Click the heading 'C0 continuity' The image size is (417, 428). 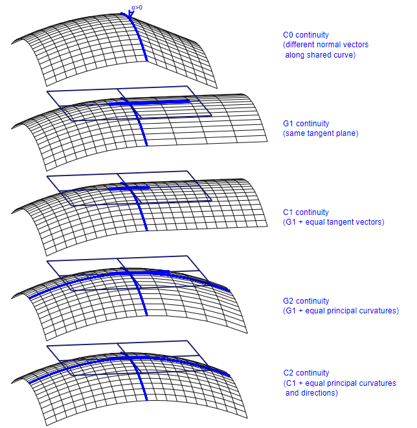(x=306, y=35)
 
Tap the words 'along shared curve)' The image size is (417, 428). (x=321, y=55)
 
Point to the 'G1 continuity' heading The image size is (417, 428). (x=306, y=124)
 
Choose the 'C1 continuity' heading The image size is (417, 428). (x=306, y=212)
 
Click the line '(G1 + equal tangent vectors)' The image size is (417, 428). (x=333, y=222)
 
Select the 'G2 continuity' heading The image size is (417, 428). (x=306, y=301)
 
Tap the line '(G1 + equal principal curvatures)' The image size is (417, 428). (x=341, y=311)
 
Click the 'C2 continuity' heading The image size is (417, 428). (x=306, y=373)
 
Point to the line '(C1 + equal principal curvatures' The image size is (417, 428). (x=339, y=383)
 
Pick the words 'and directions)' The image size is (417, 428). (x=312, y=393)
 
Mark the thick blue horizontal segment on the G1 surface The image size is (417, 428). (x=155, y=102)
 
